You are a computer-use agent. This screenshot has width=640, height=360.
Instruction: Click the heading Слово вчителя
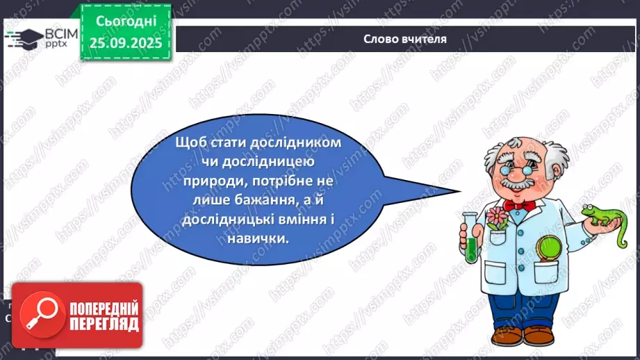[404, 39]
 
